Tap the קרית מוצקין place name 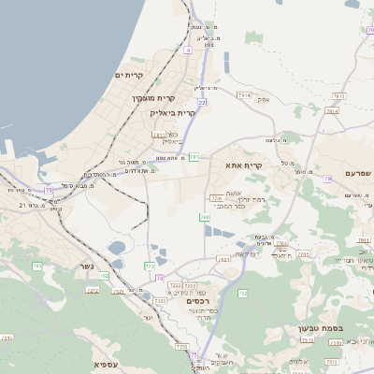click(x=153, y=98)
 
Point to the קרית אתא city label click(x=244, y=165)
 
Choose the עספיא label click(x=106, y=363)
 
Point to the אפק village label click(x=265, y=98)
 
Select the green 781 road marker click(x=194, y=157)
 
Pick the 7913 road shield click(x=338, y=95)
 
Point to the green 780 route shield click(x=205, y=217)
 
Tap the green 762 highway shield click(x=242, y=294)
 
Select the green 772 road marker click(x=150, y=266)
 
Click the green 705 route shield click(x=37, y=266)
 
